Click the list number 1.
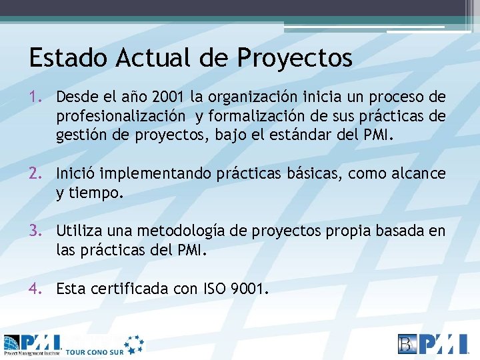tap(37, 97)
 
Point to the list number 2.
tap(37, 174)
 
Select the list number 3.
tap(37, 231)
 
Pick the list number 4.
tap(37, 289)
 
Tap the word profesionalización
tap(121, 117)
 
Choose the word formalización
tap(251, 117)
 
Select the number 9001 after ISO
tap(247, 289)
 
